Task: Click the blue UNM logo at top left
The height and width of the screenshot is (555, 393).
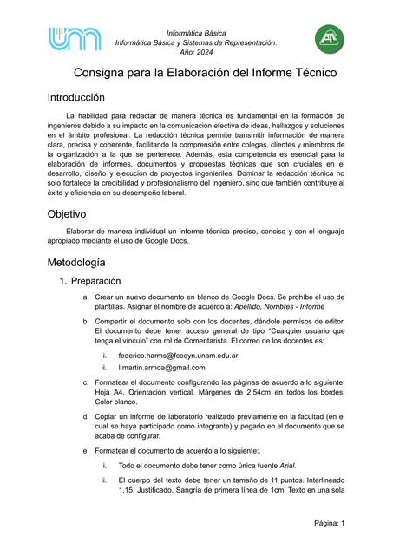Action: [x=75, y=39]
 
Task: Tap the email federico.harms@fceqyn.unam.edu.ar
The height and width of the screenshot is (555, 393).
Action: [x=178, y=356]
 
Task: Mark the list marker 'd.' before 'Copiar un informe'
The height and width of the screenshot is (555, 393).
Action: [x=85, y=417]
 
